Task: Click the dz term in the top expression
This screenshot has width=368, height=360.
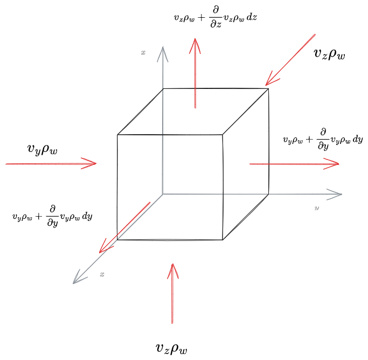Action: (x=252, y=17)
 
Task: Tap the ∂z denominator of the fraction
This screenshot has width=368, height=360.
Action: (x=216, y=24)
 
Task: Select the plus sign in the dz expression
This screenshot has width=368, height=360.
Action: (x=202, y=18)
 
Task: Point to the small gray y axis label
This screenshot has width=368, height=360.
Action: (x=317, y=207)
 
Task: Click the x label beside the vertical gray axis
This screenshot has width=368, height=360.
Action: (x=143, y=53)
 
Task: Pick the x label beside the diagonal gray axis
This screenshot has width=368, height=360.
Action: (x=102, y=274)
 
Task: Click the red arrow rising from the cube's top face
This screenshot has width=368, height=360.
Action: (x=195, y=73)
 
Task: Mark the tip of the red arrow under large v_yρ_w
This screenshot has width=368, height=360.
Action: (x=96, y=163)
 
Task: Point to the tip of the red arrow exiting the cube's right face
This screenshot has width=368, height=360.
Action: (x=339, y=164)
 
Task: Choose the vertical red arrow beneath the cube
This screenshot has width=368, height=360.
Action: (x=172, y=294)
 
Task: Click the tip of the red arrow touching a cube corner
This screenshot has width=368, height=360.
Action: (x=266, y=86)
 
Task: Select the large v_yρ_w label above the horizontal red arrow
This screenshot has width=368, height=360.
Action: (x=42, y=149)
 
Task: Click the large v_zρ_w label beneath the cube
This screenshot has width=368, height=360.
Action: (x=171, y=348)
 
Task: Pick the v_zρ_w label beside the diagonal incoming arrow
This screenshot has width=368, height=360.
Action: (x=329, y=54)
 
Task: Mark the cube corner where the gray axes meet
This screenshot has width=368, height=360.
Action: (x=163, y=194)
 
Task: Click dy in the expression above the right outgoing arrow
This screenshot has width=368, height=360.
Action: (x=358, y=140)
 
